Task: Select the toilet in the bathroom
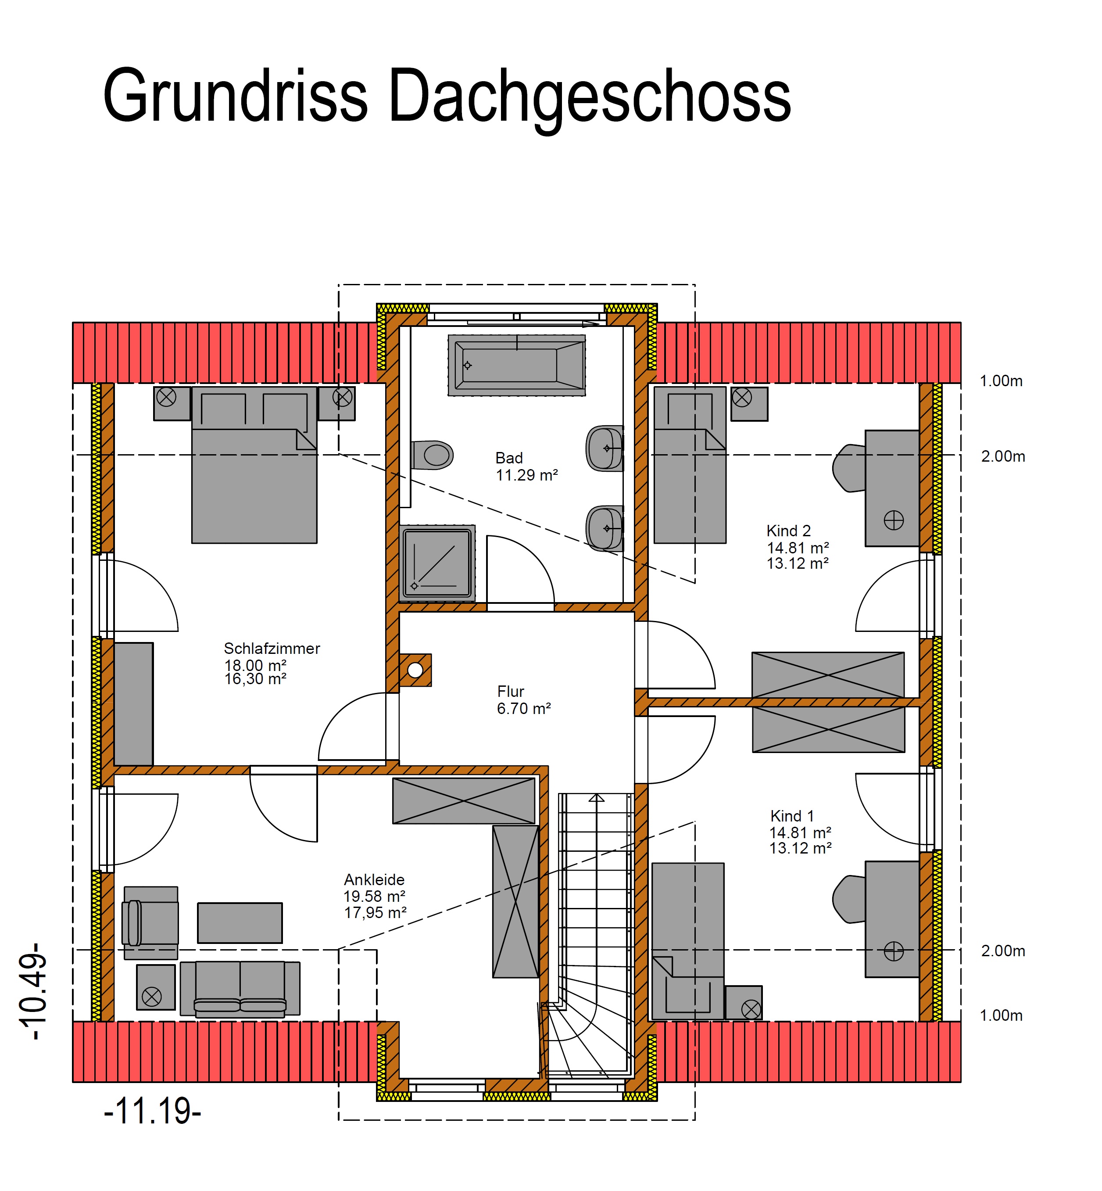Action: click(432, 456)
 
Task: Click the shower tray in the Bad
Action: click(438, 563)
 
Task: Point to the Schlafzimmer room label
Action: click(272, 648)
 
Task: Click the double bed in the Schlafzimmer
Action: click(254, 465)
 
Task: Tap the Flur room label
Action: click(511, 691)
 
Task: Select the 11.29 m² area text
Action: click(526, 475)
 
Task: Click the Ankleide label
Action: click(374, 880)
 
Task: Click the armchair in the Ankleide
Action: click(150, 922)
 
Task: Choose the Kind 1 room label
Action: click(792, 816)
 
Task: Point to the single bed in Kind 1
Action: click(688, 941)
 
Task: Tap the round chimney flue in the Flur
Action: click(415, 671)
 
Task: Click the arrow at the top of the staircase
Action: click(596, 798)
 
